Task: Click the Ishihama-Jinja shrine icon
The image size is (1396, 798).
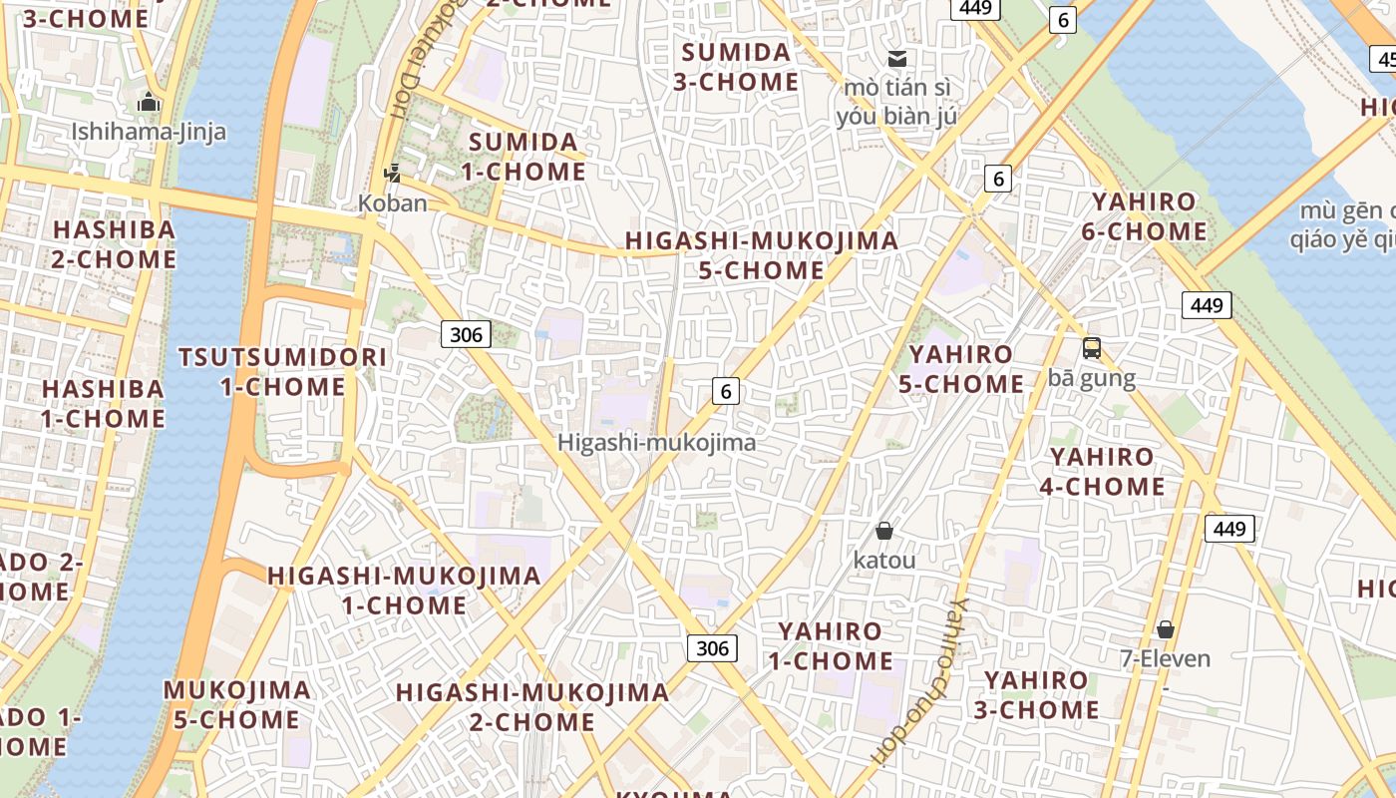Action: coord(149,102)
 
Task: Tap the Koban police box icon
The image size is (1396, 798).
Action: coord(392,174)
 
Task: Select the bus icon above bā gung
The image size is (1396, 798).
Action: coord(1092,348)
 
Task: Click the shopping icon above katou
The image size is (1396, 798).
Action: coord(883,530)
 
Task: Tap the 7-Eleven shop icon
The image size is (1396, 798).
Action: coord(1165,629)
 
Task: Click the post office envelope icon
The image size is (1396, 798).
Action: coord(897,58)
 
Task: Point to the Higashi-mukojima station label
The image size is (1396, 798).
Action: coord(656,442)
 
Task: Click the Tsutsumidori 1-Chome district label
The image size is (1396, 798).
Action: coord(282,371)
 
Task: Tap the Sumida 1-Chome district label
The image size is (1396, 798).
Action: coord(523,156)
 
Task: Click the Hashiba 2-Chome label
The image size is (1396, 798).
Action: coord(114,243)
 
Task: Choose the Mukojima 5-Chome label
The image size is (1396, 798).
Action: coord(236,704)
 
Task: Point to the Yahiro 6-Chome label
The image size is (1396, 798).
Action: coord(1143,216)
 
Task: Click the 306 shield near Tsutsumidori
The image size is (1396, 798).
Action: coord(466,334)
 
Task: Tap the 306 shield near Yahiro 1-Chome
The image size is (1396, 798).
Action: coord(712,648)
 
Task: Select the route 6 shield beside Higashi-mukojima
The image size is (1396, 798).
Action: coord(726,391)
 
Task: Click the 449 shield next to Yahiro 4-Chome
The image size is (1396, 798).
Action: coord(1228,529)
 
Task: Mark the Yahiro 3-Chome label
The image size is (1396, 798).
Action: coord(1041,694)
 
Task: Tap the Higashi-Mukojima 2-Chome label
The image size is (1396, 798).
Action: coord(531,706)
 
